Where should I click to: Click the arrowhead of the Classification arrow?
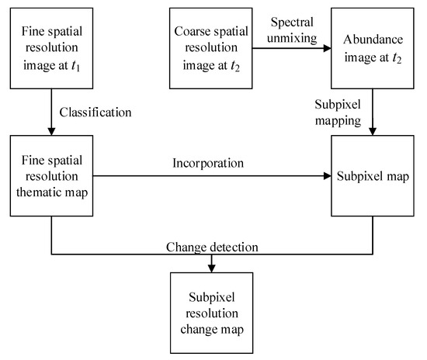(x=51, y=131)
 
